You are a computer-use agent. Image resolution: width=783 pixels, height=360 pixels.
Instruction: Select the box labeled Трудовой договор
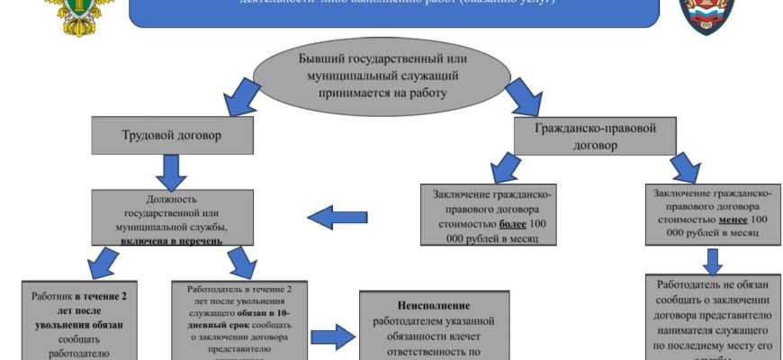(159, 137)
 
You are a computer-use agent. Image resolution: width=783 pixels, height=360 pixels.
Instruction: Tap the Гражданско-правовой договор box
(596, 136)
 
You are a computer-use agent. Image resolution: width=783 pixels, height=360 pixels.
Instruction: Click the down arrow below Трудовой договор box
(171, 170)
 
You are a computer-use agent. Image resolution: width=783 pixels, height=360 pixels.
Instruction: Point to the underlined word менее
(733, 218)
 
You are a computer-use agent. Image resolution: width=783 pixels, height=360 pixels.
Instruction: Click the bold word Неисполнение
(435, 304)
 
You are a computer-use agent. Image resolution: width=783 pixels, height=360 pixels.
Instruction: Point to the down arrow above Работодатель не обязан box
(714, 260)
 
